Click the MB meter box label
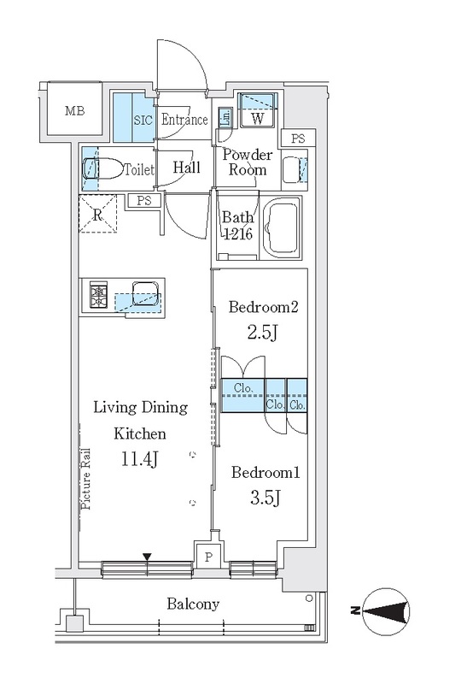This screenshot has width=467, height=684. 74,111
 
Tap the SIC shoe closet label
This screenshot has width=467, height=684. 143,120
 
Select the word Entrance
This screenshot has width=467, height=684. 184,120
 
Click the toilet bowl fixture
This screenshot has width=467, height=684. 103,168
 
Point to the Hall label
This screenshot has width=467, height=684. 187,167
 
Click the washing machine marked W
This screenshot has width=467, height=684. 258,110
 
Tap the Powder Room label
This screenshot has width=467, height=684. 248,162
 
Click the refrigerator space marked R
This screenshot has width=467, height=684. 98,214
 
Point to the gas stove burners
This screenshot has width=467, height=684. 99,295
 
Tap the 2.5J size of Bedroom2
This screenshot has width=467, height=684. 262,333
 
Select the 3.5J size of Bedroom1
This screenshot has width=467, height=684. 265,498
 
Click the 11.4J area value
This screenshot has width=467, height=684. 139,459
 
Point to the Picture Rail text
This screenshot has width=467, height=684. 86,479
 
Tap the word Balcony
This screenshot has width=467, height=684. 193,604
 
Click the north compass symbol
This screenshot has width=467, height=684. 386,611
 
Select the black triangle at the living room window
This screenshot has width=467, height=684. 147,557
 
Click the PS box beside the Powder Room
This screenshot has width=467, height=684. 298,139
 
